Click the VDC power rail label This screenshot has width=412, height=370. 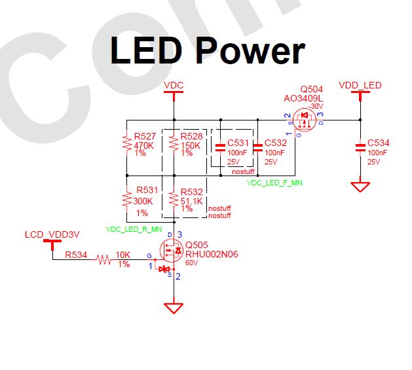coord(174,85)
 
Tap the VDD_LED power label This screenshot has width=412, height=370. coord(360,85)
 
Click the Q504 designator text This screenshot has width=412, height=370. coord(311,88)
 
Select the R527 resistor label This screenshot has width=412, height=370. coord(145,136)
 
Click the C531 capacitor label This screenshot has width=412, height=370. coord(239,143)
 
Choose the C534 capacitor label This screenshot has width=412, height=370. coord(379,143)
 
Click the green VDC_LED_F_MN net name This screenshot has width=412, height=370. coord(274,183)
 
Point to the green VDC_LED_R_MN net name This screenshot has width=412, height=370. coord(134,229)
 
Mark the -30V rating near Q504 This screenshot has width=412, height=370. coord(318,105)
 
